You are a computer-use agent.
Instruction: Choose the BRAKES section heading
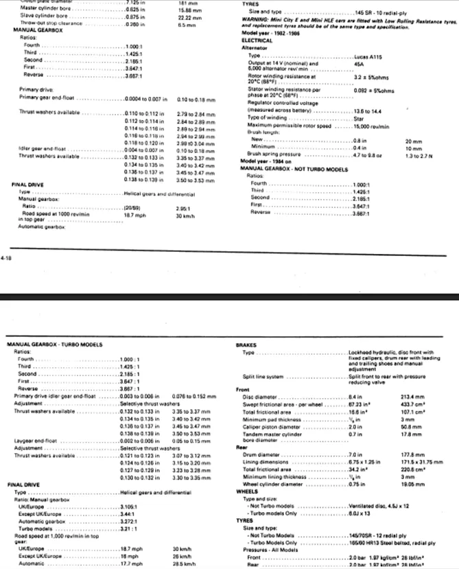click(246, 344)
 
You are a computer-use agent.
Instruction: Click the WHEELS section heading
click(246, 491)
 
